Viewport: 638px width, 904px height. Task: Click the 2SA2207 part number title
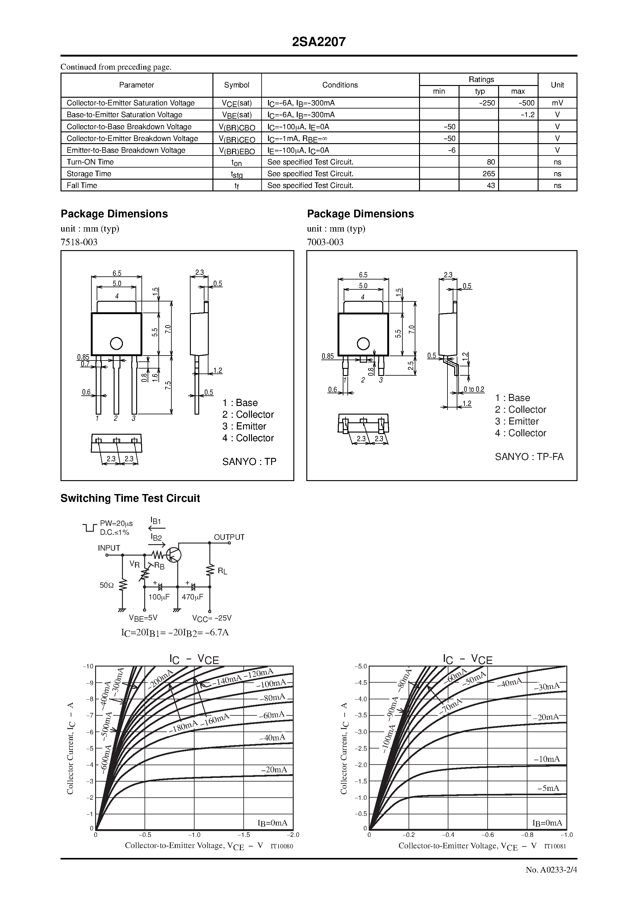click(319, 42)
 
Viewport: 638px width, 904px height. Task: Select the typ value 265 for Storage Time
click(489, 174)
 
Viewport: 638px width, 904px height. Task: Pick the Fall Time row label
click(82, 185)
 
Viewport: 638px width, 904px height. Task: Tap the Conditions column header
click(340, 85)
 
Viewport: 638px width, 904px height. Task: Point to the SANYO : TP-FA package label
click(529, 457)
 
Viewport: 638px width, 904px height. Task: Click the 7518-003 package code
click(79, 242)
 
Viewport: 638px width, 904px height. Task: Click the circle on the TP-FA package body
click(363, 344)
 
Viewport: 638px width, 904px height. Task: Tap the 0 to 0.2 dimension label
click(474, 390)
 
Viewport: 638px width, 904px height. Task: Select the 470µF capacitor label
click(192, 597)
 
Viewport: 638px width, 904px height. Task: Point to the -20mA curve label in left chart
click(274, 769)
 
